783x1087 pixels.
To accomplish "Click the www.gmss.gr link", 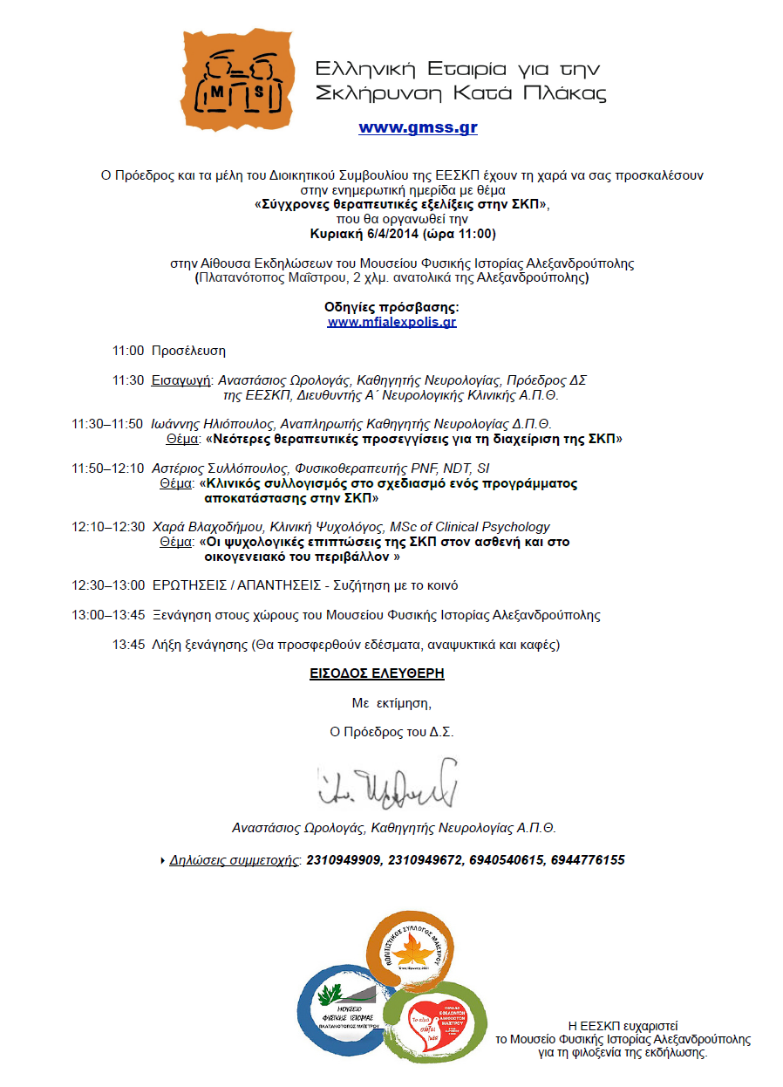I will tap(418, 127).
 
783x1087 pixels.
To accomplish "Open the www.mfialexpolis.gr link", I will tap(391, 322).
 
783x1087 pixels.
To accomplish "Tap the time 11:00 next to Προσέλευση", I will tap(127, 351).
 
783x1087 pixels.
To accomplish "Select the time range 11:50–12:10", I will tap(108, 468).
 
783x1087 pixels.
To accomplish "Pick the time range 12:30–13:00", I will tap(108, 585).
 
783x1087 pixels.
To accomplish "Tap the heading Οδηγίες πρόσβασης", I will tap(391, 307).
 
